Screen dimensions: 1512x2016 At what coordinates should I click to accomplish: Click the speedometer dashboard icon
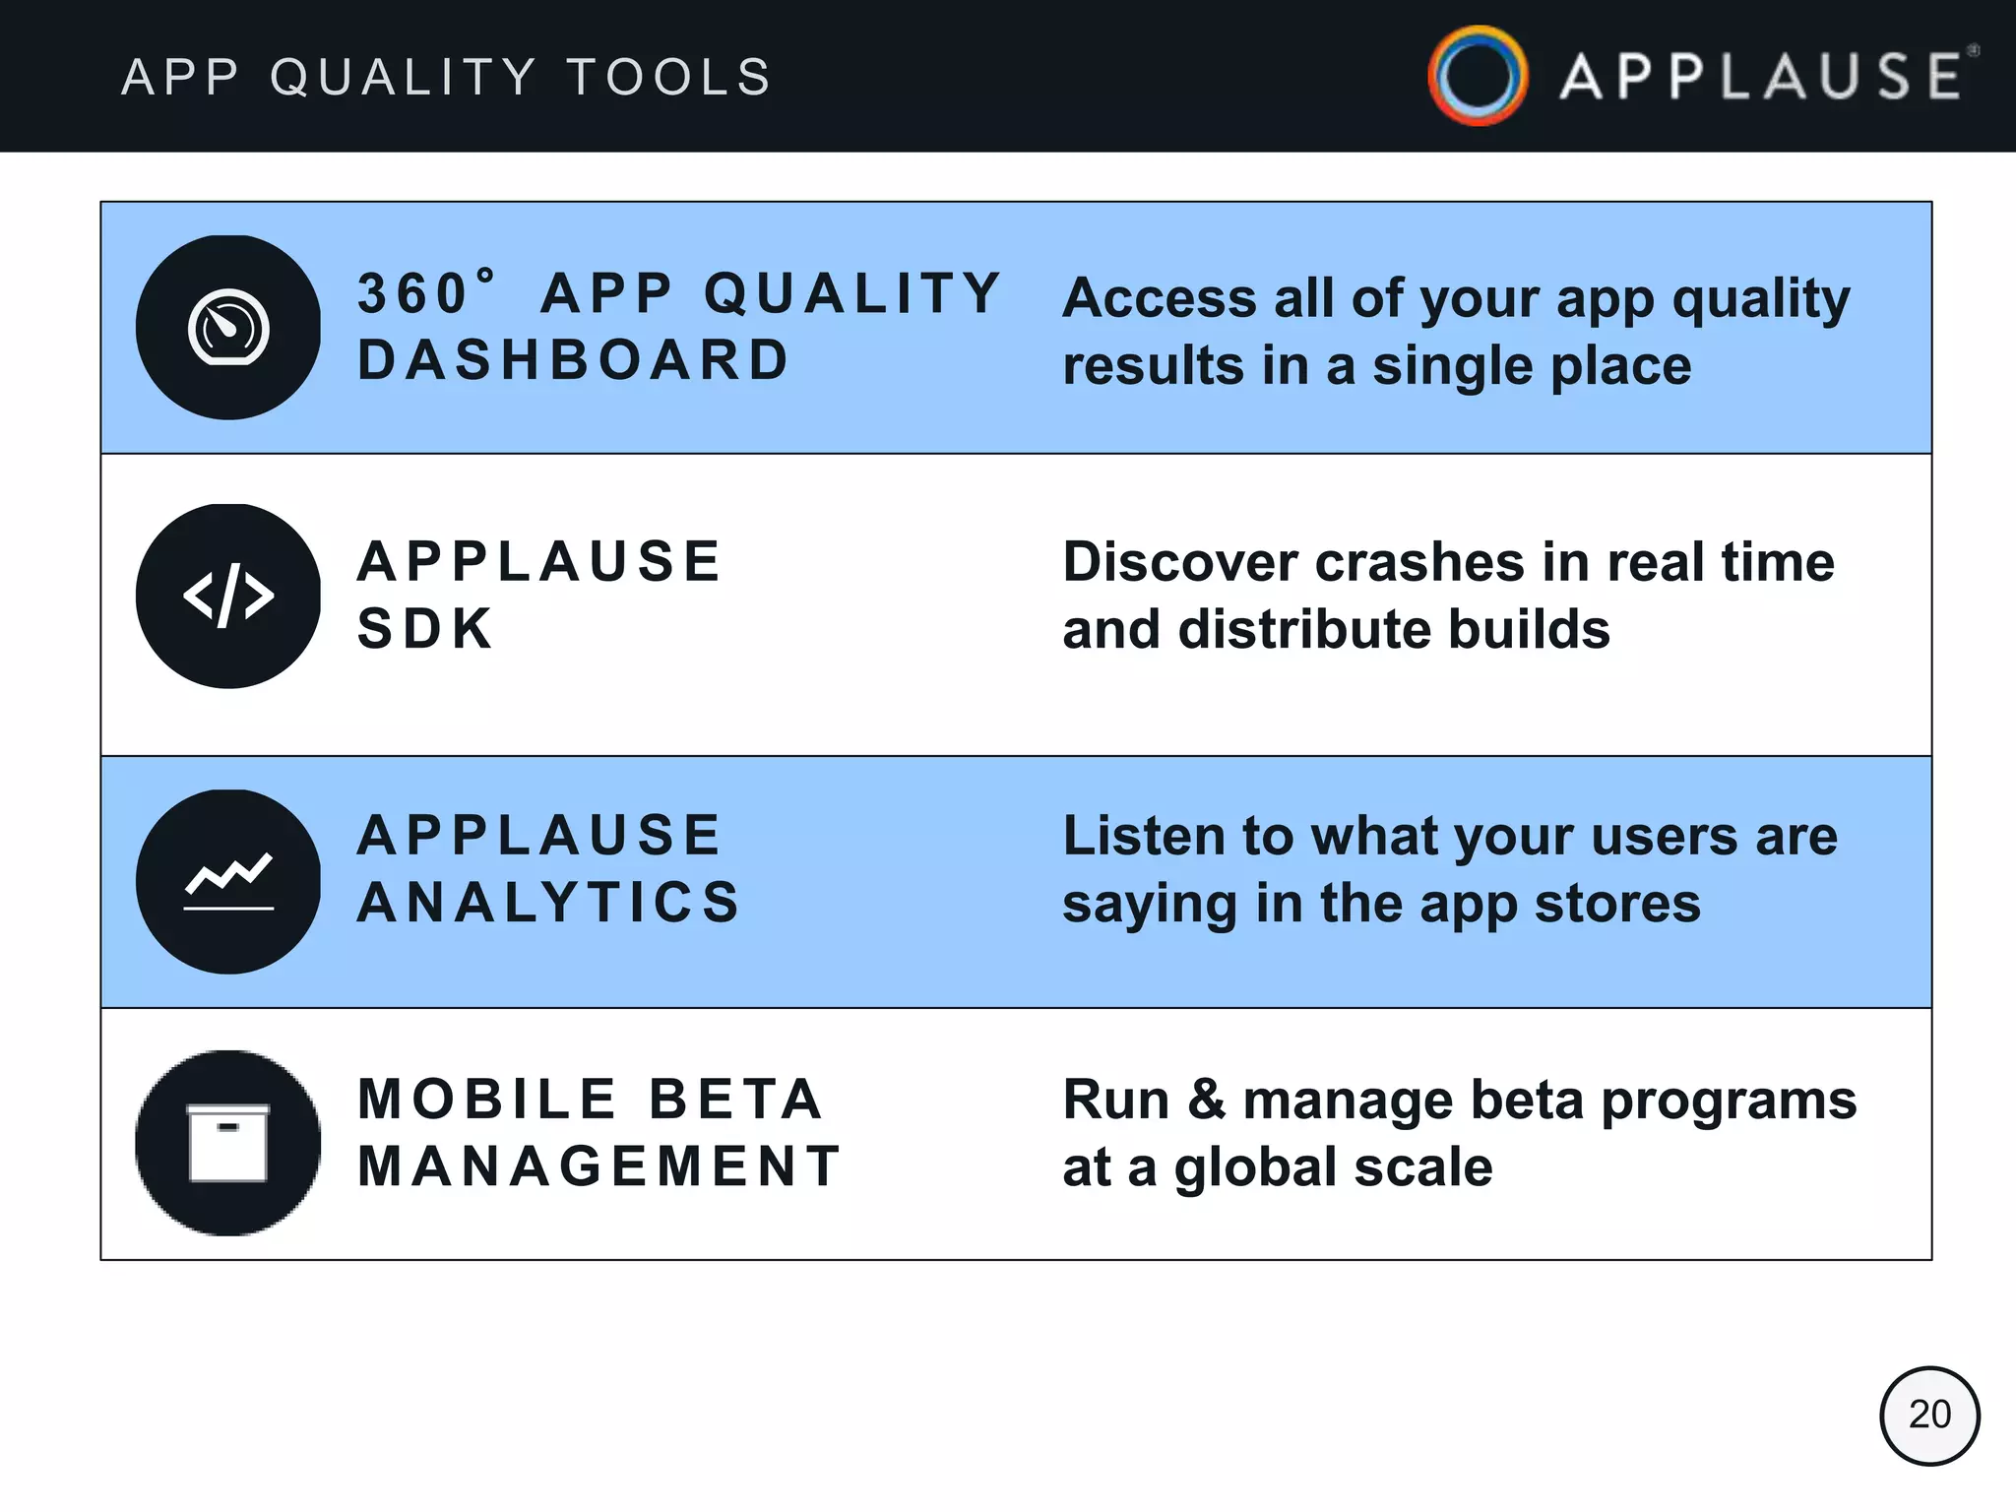(228, 328)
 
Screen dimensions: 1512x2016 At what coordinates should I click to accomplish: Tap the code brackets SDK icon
(228, 596)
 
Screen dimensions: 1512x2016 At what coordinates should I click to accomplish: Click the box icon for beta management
(228, 1142)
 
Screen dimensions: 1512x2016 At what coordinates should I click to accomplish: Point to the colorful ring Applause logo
(1478, 76)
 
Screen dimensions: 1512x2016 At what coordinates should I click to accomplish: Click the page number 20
(1929, 1415)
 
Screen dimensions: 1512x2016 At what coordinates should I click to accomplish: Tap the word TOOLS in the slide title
(669, 78)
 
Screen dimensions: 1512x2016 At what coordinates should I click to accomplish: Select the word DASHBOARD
(573, 360)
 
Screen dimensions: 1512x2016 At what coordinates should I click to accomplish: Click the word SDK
(424, 629)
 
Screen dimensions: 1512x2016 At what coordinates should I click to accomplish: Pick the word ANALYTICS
(548, 903)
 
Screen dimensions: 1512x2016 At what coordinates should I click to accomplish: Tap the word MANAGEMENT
(598, 1166)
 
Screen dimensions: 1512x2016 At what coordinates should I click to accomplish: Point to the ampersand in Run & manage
(1206, 1100)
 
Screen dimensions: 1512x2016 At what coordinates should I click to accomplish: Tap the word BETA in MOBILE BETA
(735, 1100)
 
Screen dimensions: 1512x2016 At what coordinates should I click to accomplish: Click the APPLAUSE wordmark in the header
(1762, 78)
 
